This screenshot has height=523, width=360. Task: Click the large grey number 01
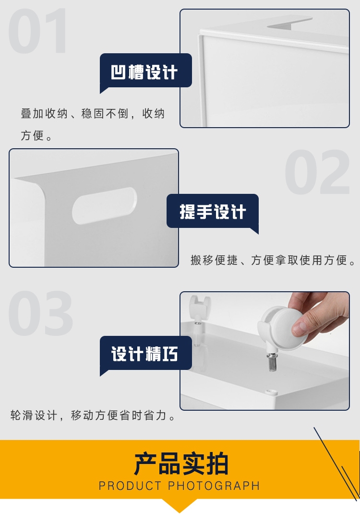(37, 31)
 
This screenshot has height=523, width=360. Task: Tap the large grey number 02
(317, 172)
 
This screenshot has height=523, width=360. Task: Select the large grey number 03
(40, 313)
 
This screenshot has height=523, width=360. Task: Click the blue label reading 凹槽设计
(146, 71)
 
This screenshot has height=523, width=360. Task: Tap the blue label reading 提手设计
(213, 212)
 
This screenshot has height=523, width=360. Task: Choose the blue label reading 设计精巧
(146, 354)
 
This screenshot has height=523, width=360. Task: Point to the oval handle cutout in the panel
(105, 205)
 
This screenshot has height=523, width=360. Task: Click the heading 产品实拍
(181, 464)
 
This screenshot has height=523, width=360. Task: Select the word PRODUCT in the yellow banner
(130, 486)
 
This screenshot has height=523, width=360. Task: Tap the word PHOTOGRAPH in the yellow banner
(214, 486)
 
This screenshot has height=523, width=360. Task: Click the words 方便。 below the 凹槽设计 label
(36, 136)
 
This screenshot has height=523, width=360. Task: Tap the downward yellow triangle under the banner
(180, 506)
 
